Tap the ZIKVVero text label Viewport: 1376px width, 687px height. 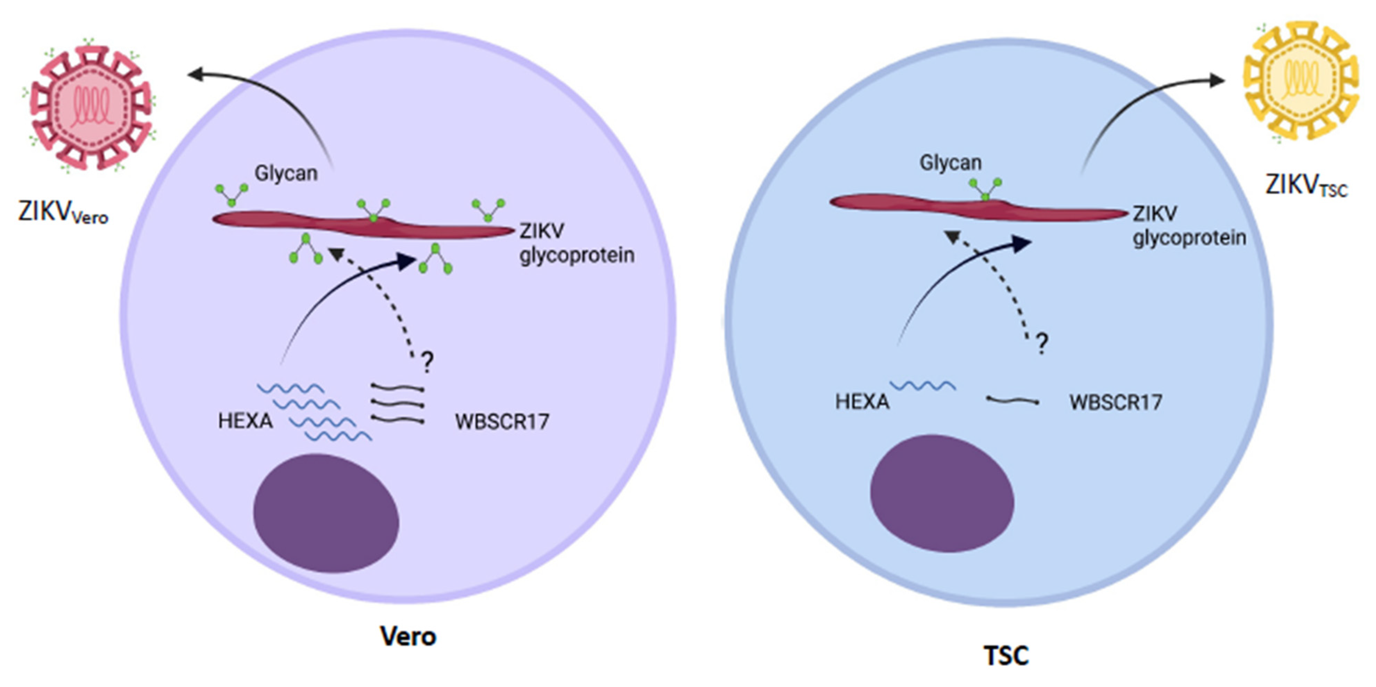point(63,212)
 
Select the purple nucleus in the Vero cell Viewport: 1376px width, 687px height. point(326,513)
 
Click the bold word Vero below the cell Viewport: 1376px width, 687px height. point(408,636)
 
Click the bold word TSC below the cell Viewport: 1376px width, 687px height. point(1006,655)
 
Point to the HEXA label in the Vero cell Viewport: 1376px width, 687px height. point(245,421)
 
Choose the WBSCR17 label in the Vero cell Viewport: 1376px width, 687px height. point(502,422)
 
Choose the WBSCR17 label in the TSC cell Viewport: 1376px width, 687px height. point(1115,402)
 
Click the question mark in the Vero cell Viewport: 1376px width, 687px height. point(427,362)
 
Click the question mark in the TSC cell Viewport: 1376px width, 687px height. point(1042,343)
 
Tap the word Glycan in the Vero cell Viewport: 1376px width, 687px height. point(286,173)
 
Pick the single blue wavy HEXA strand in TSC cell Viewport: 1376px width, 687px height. point(923,385)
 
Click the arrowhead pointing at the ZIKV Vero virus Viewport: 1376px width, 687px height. point(195,74)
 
